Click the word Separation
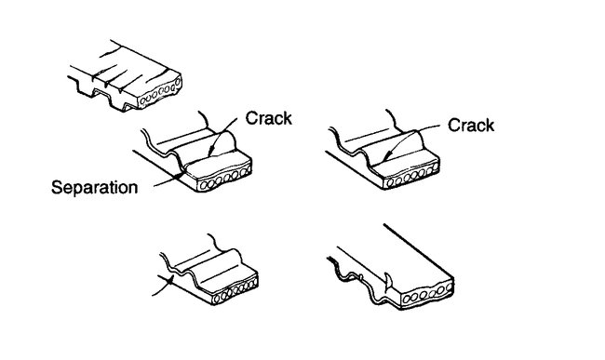pos(93,187)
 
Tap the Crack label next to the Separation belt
pos(269,118)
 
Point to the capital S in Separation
pos(55,187)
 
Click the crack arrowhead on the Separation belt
pos(211,153)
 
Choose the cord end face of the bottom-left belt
pos(228,296)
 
